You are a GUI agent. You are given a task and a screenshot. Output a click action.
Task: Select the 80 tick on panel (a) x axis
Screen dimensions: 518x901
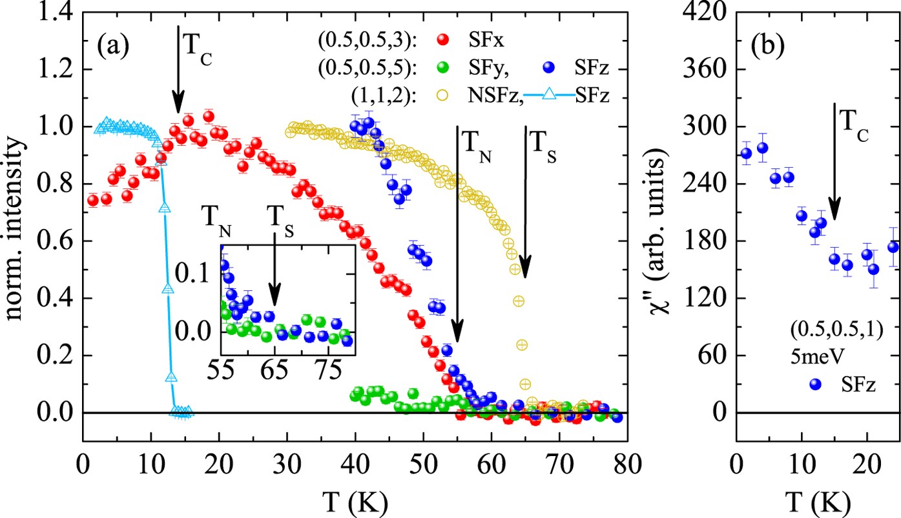tap(627, 465)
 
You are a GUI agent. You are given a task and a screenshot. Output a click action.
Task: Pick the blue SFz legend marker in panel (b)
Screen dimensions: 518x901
tap(816, 384)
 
